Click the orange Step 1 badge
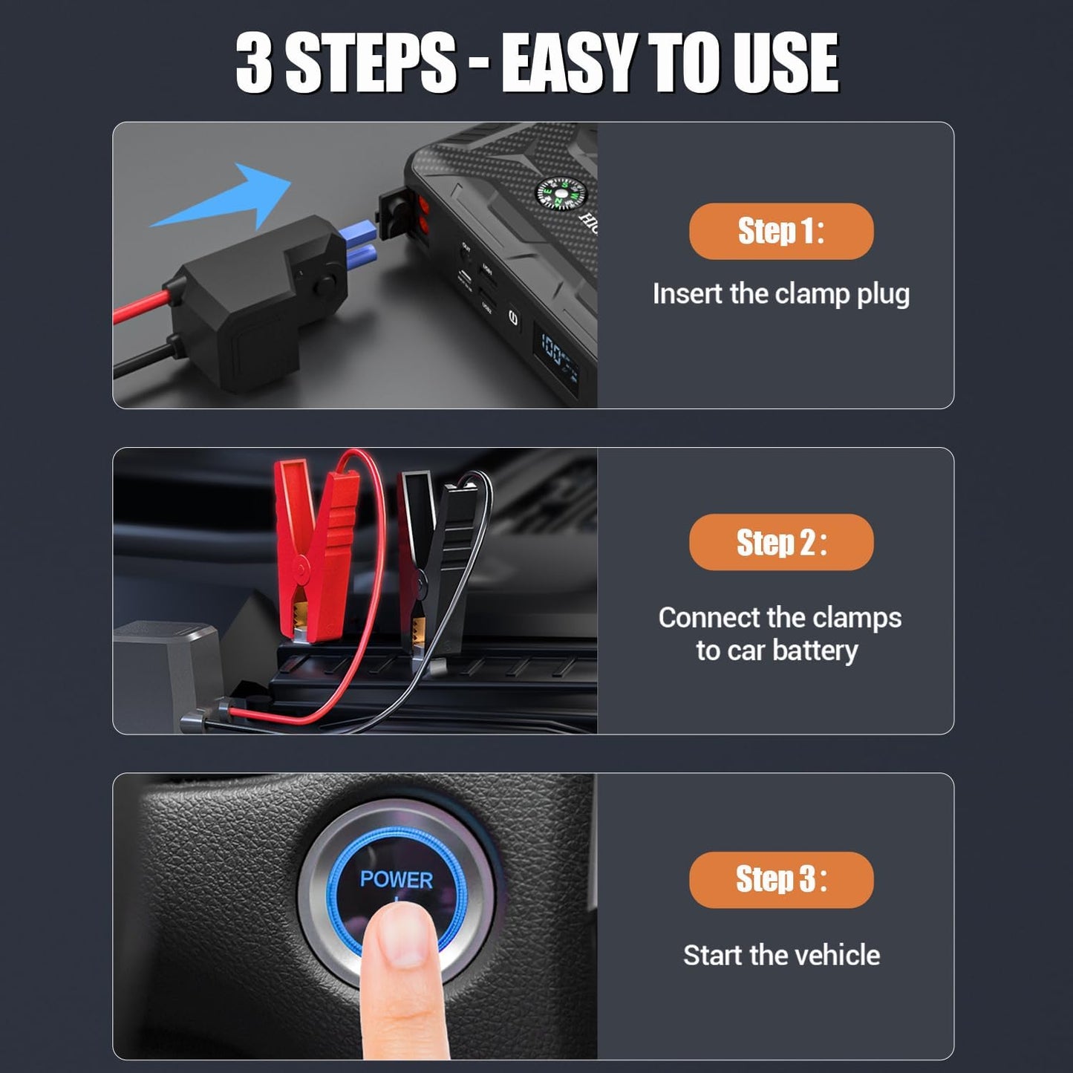(x=781, y=231)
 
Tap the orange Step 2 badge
(x=781, y=542)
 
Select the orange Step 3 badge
(x=781, y=879)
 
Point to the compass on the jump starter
(x=561, y=195)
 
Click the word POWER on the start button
(x=396, y=880)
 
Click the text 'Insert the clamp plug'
(x=780, y=294)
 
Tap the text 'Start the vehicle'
(x=781, y=955)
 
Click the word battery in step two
(x=815, y=650)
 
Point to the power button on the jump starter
(x=513, y=318)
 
